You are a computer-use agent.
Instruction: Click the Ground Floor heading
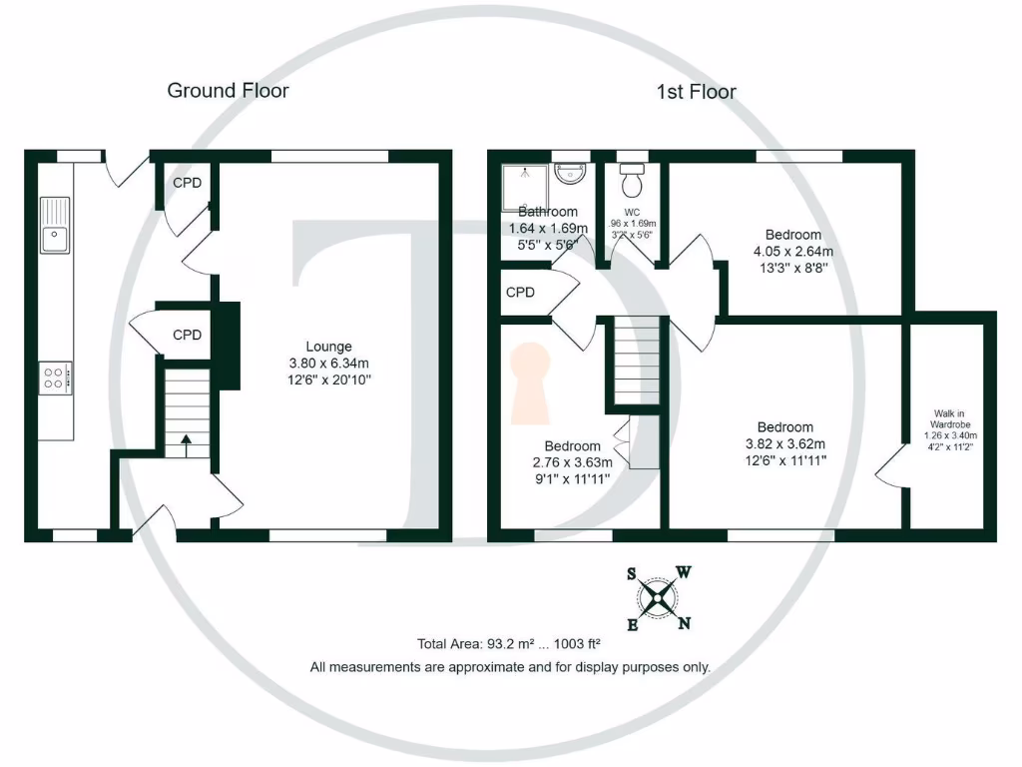(x=228, y=91)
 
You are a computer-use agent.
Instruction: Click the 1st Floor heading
(x=696, y=92)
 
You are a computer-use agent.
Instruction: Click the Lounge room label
(x=328, y=347)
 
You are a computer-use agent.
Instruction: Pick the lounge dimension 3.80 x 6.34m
(x=328, y=364)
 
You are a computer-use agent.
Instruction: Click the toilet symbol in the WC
(x=631, y=182)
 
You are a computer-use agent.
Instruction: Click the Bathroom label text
(x=548, y=212)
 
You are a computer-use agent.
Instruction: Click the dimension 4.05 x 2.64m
(x=792, y=252)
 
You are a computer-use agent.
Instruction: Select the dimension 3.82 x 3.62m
(x=784, y=444)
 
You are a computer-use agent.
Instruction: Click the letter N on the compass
(x=685, y=624)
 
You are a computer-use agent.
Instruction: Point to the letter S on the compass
(x=632, y=574)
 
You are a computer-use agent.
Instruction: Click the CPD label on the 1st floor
(x=521, y=293)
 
